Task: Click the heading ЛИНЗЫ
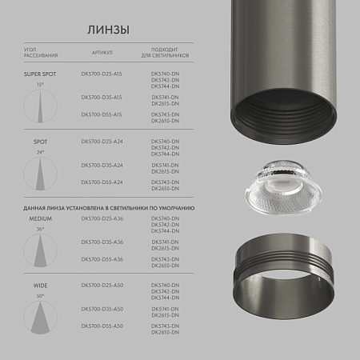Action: pyautogui.click(x=107, y=30)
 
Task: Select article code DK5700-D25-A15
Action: pyautogui.click(x=102, y=74)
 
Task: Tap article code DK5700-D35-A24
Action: pyautogui.click(x=102, y=165)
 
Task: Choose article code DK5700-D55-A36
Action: pyautogui.click(x=102, y=259)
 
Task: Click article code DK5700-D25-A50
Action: pyautogui.click(x=102, y=285)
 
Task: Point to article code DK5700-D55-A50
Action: pyautogui.click(x=102, y=326)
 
